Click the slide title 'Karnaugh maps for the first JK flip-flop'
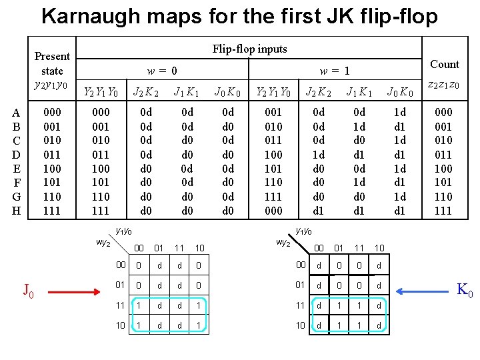pos(240,15)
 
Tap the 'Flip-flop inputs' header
pos(249,49)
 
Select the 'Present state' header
pos(52,63)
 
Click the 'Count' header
pos(445,64)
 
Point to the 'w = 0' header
pos(162,70)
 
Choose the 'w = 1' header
pos(335,70)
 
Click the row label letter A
pos(17,113)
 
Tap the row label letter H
pos(17,211)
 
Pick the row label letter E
pos(17,169)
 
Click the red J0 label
pos(29,291)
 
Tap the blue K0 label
pos(464,291)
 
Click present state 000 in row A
pos(52,113)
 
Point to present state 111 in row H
pos(52,211)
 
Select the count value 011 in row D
pos(443,155)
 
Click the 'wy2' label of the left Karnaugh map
pos(103,243)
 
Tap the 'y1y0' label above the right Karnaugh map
pos(304,231)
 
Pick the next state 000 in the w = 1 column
pos(273,211)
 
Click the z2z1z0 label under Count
pos(443,85)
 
